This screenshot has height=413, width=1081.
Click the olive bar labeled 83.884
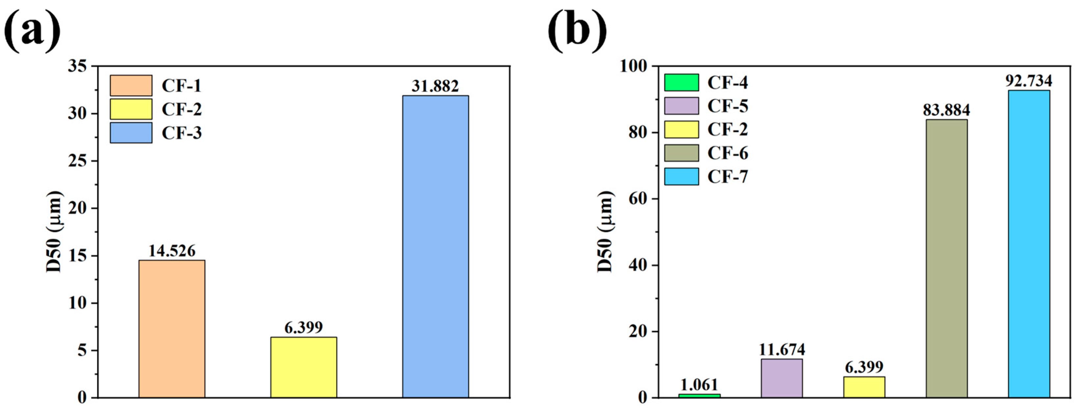[x=946, y=258]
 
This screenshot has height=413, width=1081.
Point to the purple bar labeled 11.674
[x=781, y=378]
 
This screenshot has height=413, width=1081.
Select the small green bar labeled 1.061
[x=699, y=395]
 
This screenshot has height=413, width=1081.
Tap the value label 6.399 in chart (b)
[x=864, y=367]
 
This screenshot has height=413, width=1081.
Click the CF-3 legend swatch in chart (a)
[x=131, y=133]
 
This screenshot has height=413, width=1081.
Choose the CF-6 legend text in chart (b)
[x=728, y=153]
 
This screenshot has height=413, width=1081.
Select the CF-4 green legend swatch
[x=681, y=83]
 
